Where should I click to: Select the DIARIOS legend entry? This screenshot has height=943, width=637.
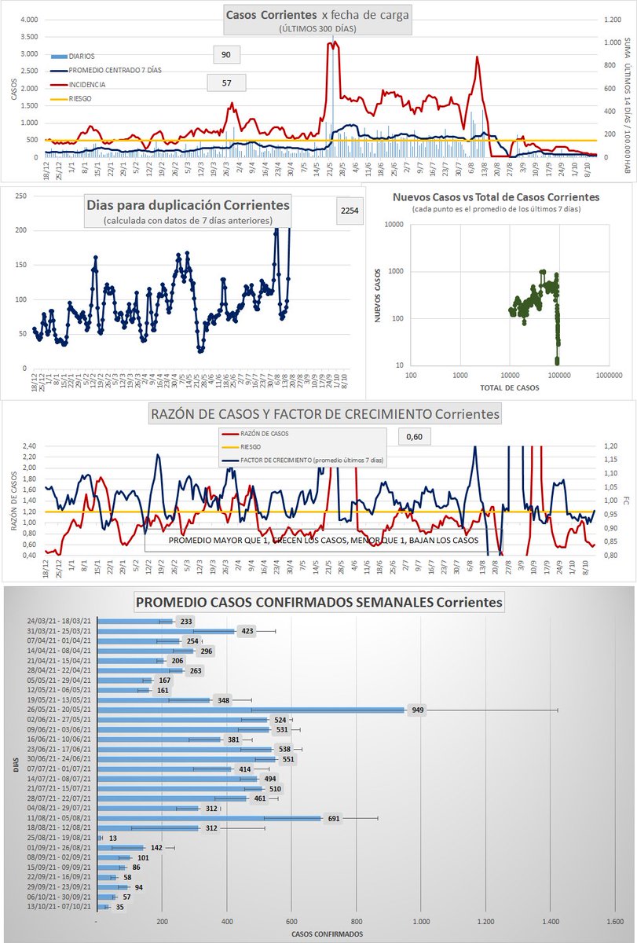82,57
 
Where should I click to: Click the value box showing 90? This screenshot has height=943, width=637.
226,54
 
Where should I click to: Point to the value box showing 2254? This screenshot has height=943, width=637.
350,211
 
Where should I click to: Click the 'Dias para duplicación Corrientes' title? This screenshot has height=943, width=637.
187,205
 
